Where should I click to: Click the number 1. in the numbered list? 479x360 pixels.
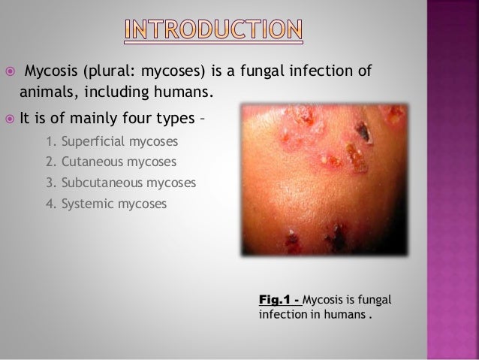50,140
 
